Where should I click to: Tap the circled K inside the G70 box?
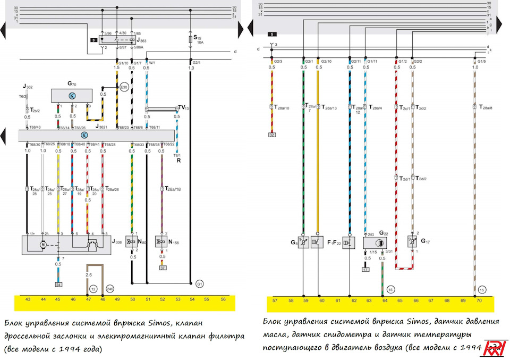(x=72, y=95)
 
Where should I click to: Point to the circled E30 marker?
(x=124, y=87)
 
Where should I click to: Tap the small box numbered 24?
(x=58, y=284)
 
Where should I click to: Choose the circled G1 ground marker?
(x=200, y=282)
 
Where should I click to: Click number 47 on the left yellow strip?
(x=88, y=299)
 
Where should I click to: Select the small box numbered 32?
(x=272, y=135)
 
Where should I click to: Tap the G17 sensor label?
(x=426, y=240)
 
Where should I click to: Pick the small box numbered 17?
(x=365, y=270)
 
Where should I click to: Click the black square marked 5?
(x=272, y=34)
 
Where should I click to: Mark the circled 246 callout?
(x=110, y=289)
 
